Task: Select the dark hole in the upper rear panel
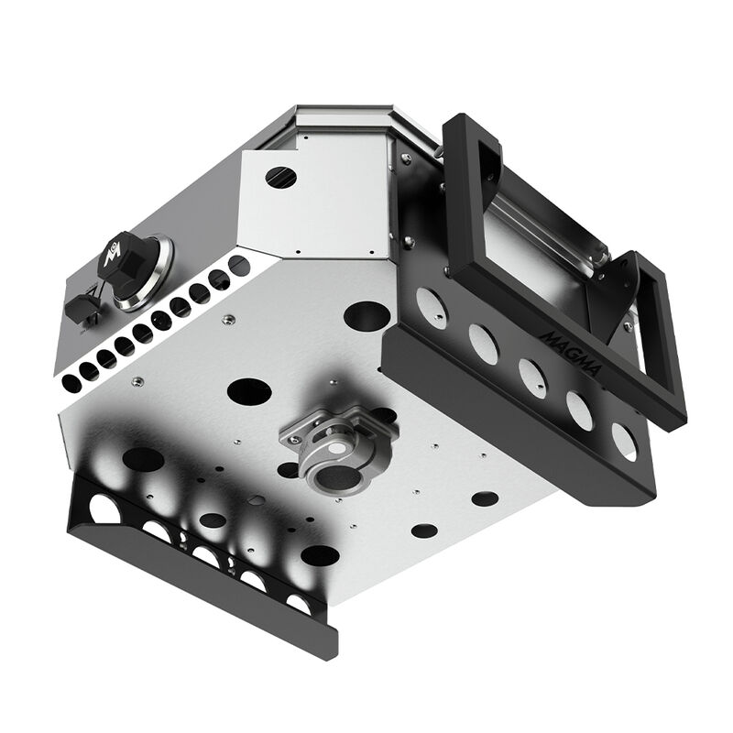point(281,176)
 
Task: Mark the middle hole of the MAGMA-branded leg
point(532,377)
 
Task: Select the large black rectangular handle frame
point(467,211)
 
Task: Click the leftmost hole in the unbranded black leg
point(104,509)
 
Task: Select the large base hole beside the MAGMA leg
point(366,316)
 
